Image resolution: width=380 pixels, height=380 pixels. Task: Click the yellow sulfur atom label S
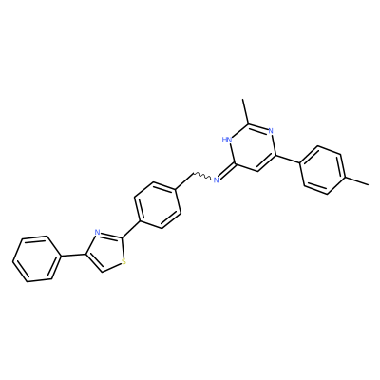coord(123,262)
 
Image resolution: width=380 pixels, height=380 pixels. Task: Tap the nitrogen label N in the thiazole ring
coord(97,233)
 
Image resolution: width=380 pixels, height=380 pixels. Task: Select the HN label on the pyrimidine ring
coord(227,139)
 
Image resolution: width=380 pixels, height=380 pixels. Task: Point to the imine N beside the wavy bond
coord(217,180)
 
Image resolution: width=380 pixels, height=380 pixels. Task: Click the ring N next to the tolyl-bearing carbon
coord(270,130)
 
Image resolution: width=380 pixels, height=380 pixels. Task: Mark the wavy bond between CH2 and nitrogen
coord(202,176)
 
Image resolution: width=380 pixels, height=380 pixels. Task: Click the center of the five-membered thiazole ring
coord(106,254)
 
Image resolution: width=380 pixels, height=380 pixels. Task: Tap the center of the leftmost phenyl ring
coord(36,258)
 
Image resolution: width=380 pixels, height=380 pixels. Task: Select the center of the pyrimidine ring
coord(252,148)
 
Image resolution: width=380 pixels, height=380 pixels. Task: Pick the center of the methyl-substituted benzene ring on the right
coord(322,170)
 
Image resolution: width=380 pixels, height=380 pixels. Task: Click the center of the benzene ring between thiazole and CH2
coord(158,204)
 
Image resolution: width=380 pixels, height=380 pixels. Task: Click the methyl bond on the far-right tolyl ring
coord(357,180)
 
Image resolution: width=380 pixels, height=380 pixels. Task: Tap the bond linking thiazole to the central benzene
coord(130,229)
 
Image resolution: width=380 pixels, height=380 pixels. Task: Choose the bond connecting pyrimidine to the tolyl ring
coord(287,160)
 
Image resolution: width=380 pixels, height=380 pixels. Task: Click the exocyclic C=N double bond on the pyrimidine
coord(227,172)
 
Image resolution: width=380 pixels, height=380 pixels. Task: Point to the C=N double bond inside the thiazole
coord(111,235)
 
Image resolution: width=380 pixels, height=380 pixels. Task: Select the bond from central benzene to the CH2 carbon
coord(183,180)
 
